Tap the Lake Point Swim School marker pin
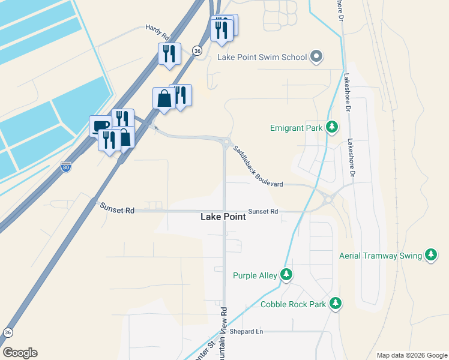(x=316, y=58)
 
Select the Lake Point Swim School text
(x=262, y=58)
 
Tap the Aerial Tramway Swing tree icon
(x=431, y=255)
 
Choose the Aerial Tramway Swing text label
(x=381, y=256)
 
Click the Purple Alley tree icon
(x=287, y=275)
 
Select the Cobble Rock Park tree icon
(x=336, y=304)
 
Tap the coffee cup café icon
(x=100, y=125)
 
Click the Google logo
(x=20, y=353)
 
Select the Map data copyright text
(x=411, y=355)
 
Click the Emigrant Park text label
(x=296, y=128)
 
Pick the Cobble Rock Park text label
(x=293, y=304)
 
